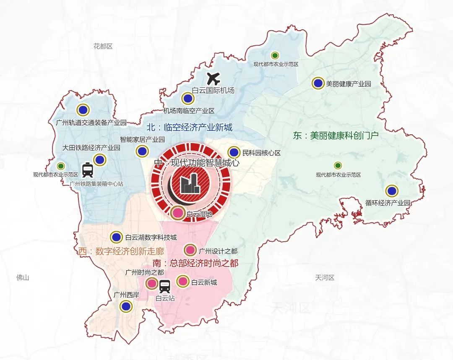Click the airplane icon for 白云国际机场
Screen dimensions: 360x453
click(214, 78)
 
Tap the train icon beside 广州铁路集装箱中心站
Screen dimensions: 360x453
click(88, 170)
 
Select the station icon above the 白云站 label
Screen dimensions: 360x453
click(165, 286)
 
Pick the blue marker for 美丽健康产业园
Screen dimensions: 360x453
click(318, 83)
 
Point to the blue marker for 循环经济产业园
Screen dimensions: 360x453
click(392, 191)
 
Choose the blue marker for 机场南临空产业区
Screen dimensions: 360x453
click(187, 99)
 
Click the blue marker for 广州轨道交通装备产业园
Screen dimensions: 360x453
click(83, 110)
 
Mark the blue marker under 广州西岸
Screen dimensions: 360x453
click(125, 306)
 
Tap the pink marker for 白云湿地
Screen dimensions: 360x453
click(178, 213)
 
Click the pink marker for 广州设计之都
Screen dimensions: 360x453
click(190, 250)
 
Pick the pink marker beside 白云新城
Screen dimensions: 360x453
click(183, 281)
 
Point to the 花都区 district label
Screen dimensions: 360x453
click(103, 46)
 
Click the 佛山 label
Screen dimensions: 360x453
click(22, 277)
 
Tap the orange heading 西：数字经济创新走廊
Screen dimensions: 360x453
click(121, 252)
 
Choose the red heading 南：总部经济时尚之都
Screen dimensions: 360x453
click(195, 263)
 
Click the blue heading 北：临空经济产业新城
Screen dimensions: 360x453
click(189, 127)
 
